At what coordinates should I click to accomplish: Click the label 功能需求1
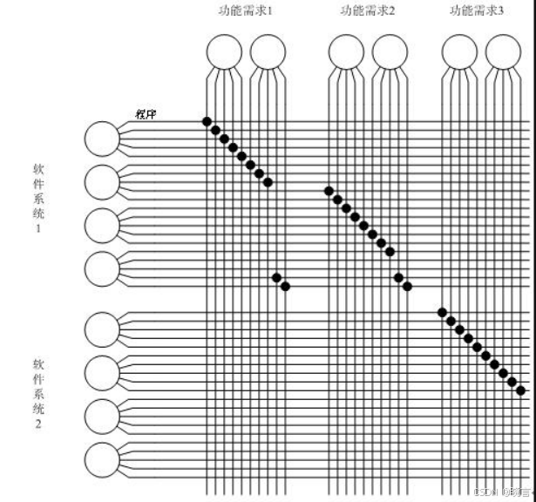(x=246, y=10)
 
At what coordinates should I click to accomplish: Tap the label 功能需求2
(x=367, y=10)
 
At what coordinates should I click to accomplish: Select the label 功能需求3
(x=477, y=10)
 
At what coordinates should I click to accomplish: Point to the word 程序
(x=146, y=113)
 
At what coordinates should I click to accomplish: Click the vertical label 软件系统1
(x=38, y=198)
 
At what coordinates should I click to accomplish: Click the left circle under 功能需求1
(x=224, y=51)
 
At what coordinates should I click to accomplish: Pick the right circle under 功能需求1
(x=268, y=51)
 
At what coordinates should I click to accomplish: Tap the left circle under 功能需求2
(x=346, y=51)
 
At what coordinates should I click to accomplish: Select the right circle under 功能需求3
(x=503, y=51)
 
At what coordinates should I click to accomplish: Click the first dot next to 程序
(x=207, y=121)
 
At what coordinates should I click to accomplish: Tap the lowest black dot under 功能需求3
(x=520, y=390)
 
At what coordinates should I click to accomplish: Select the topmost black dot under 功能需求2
(x=329, y=191)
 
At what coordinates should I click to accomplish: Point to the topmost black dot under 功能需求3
(x=442, y=312)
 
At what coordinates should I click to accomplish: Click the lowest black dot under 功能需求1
(x=285, y=286)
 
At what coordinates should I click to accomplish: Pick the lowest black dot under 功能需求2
(x=407, y=286)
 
